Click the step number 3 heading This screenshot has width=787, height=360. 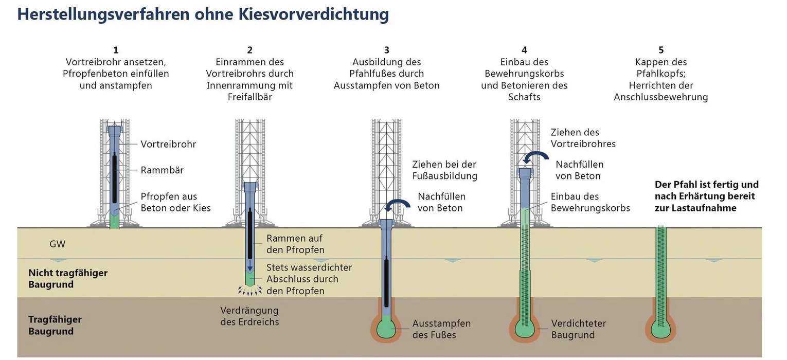click(386, 50)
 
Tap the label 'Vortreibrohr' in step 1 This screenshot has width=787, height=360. click(168, 144)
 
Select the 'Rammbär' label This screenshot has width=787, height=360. click(162, 170)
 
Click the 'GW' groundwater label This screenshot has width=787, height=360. click(58, 244)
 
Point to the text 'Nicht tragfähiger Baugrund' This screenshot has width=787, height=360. click(67, 278)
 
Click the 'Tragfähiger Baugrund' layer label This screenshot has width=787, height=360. click(55, 325)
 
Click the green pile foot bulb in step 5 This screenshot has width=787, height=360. click(660, 329)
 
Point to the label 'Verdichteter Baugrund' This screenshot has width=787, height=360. click(578, 329)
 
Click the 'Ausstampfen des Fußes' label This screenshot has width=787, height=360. click(441, 329)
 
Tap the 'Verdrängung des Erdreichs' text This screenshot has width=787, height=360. click(249, 316)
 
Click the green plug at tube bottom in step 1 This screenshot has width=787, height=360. click(114, 220)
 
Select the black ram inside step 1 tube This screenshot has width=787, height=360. click(114, 175)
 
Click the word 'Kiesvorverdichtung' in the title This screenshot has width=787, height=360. click(313, 14)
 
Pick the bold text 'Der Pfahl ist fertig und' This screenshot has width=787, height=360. click(706, 184)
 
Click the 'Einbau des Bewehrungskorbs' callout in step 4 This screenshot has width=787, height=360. click(590, 202)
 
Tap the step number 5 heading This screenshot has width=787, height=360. click(661, 50)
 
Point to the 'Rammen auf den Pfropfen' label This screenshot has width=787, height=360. click(295, 244)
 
